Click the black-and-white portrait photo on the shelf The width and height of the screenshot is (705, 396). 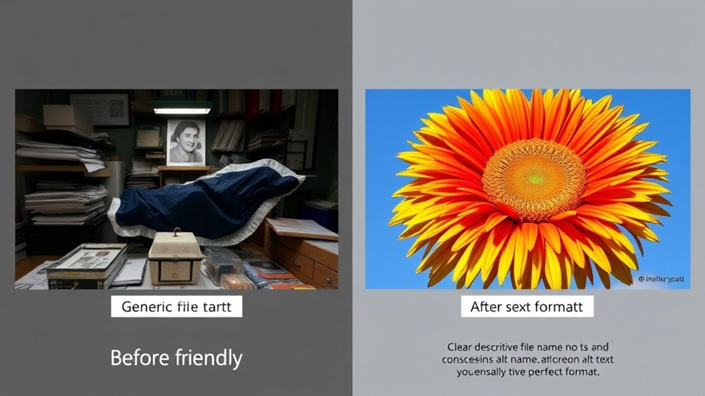[x=186, y=143]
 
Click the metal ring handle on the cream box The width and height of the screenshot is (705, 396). [x=177, y=233]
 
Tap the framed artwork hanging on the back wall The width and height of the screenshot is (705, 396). [x=100, y=109]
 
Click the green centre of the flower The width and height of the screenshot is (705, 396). [x=534, y=178]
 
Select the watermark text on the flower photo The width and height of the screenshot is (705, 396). [x=662, y=280]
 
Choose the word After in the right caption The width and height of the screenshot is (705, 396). [x=487, y=306]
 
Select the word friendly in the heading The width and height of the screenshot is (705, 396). [x=206, y=358]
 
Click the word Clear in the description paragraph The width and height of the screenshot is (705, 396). [x=461, y=347]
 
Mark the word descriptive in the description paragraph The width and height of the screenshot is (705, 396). [x=504, y=347]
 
